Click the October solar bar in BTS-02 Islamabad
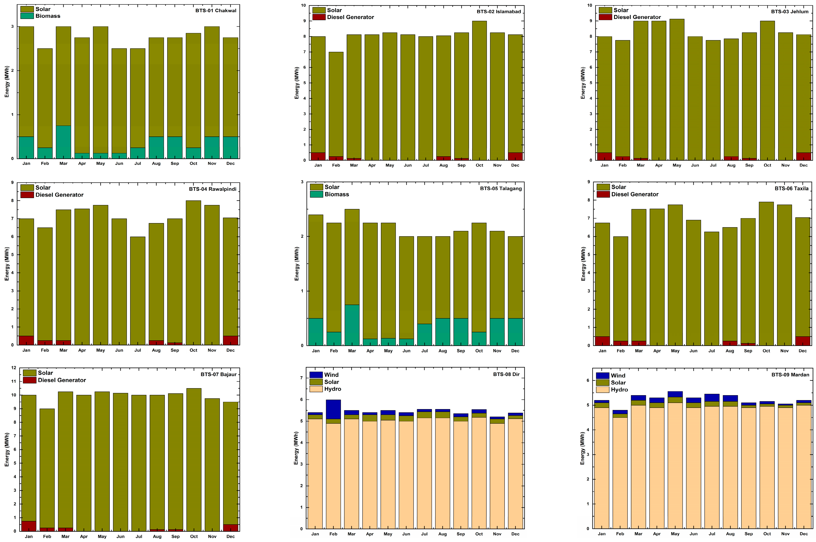coord(479,90)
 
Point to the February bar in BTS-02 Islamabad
coord(336,104)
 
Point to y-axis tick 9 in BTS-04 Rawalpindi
coord(12,183)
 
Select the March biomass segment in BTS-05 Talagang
coord(352,325)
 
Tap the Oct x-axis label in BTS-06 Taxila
coord(766,351)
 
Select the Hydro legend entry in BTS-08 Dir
coord(332,389)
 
